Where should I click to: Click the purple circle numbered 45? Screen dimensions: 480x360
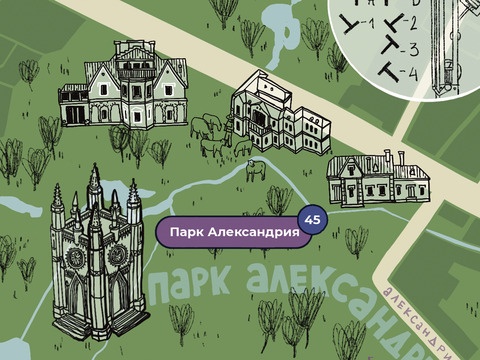(x=312, y=219)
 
